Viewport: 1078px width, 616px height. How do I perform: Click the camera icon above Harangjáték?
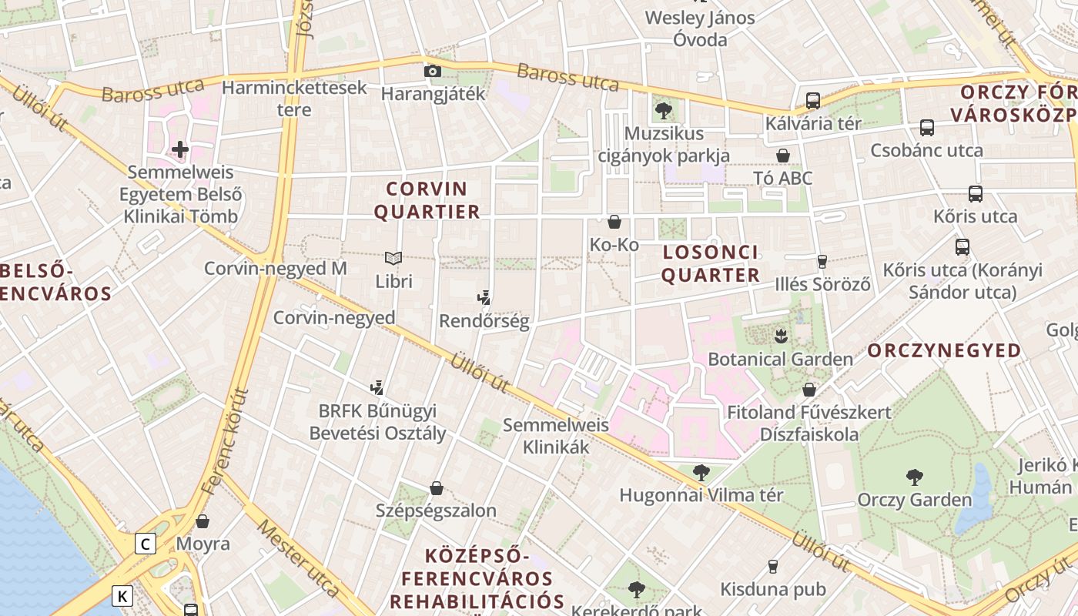(x=433, y=72)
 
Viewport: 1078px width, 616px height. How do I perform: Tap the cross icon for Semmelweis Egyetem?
(x=180, y=149)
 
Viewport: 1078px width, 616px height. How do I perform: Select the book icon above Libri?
(x=393, y=259)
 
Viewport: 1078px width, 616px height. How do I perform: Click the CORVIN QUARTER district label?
(x=427, y=200)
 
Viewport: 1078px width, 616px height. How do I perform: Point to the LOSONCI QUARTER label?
(x=711, y=263)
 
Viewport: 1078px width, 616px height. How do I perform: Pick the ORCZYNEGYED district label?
(x=944, y=351)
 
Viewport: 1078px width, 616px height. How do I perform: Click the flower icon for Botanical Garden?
(x=781, y=336)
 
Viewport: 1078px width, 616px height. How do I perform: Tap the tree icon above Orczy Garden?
(x=914, y=477)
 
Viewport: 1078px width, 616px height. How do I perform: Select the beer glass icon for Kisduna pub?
(x=772, y=567)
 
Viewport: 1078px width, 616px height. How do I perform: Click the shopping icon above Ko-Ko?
(x=614, y=222)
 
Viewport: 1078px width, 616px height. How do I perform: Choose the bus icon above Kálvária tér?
(x=812, y=100)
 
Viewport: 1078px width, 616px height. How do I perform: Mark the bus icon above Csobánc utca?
(x=926, y=127)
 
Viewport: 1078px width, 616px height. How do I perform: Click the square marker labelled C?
(x=145, y=544)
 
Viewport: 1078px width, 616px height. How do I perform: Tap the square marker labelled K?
(x=122, y=595)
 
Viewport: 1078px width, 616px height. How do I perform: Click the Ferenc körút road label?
(x=225, y=443)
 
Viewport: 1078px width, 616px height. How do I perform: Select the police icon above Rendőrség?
(x=484, y=297)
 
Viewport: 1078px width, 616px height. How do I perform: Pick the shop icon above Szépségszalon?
(x=436, y=488)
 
